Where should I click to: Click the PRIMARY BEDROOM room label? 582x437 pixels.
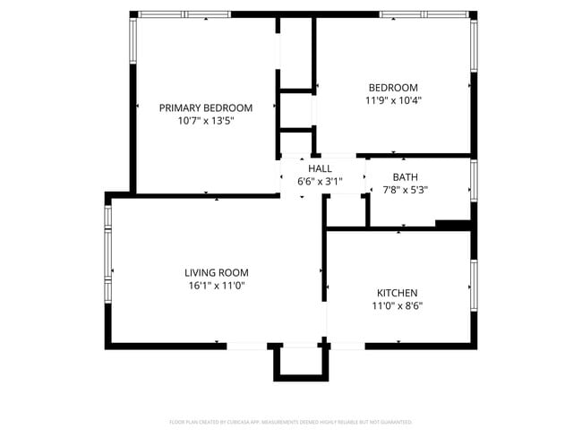[x=205, y=107]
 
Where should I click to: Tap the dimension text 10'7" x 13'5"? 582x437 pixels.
[x=205, y=121]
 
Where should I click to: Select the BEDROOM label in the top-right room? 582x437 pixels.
[x=393, y=87]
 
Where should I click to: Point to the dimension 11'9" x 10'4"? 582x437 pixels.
[x=393, y=100]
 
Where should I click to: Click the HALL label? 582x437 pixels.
[x=320, y=168]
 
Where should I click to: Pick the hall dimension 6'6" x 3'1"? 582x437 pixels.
[x=320, y=181]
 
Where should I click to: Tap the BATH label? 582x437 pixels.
[x=405, y=176]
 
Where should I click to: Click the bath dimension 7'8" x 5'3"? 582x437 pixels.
[x=405, y=190]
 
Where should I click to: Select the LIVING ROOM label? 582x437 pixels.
[x=216, y=272]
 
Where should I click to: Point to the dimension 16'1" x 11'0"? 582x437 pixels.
[x=216, y=286]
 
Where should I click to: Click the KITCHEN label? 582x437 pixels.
[x=397, y=293]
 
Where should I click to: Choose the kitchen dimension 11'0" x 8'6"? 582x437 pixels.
[x=397, y=305]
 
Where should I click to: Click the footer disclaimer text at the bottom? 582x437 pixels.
[x=290, y=422]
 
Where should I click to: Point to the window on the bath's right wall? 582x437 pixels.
[x=474, y=178]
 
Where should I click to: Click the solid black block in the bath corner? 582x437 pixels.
[x=453, y=224]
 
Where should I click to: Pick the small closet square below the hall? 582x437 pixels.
[x=345, y=210]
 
